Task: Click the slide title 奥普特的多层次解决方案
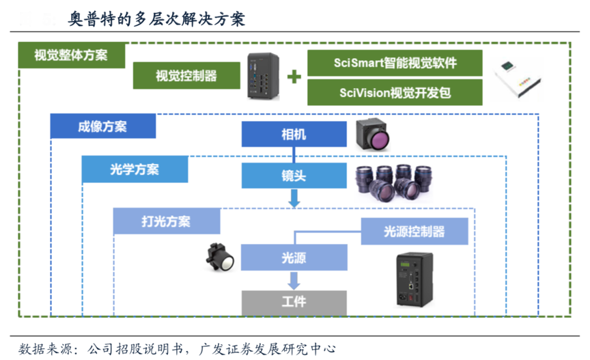(157, 18)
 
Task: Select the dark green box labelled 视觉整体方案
(71, 55)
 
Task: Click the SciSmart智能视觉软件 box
(395, 63)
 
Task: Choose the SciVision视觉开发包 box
(395, 92)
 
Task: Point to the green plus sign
(294, 77)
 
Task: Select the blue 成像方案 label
(102, 126)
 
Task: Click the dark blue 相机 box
(294, 134)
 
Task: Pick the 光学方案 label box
(135, 169)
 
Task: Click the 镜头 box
(294, 176)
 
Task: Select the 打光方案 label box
(166, 221)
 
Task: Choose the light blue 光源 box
(294, 258)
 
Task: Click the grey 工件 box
(294, 301)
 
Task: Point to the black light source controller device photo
(415, 280)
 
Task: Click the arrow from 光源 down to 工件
(294, 280)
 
